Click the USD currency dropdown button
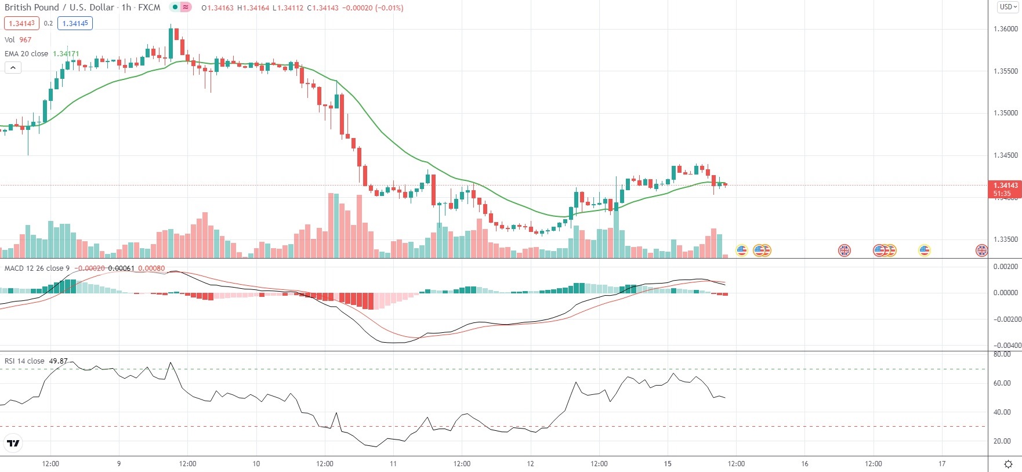tap(1007, 7)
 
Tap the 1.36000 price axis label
tap(1006, 29)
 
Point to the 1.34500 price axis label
tap(1006, 155)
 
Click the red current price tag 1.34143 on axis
tap(1005, 186)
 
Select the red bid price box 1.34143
tap(21, 23)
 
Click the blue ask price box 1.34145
tap(75, 23)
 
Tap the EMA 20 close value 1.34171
tap(66, 53)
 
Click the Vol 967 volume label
tap(18, 39)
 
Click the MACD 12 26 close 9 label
tap(37, 268)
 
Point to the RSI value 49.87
tap(58, 361)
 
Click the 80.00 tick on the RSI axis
tap(1002, 354)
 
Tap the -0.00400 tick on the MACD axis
tap(1007, 346)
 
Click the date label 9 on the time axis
tap(119, 464)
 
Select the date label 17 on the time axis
tap(942, 464)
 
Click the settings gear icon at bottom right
tap(1008, 464)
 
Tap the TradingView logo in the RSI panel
tap(13, 444)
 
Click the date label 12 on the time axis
tap(530, 464)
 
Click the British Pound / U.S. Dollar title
tap(59, 8)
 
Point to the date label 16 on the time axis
tap(804, 464)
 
